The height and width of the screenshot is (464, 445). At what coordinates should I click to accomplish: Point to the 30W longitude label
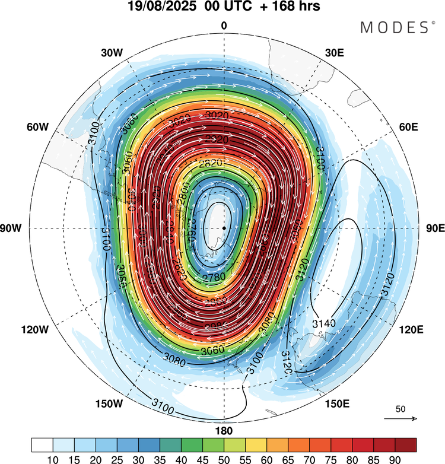tap(112, 52)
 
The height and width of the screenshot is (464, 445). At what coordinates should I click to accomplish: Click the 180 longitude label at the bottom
tap(224, 430)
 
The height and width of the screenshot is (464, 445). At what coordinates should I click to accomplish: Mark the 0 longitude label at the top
tap(224, 26)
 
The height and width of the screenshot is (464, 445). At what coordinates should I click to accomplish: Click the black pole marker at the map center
tap(224, 228)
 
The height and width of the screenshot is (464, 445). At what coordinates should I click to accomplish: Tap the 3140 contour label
tap(323, 323)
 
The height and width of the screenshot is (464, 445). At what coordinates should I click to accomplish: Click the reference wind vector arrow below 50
tap(401, 419)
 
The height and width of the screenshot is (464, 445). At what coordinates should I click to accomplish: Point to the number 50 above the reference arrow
tap(401, 409)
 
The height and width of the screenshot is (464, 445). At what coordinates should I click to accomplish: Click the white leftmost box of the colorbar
tap(42, 444)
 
